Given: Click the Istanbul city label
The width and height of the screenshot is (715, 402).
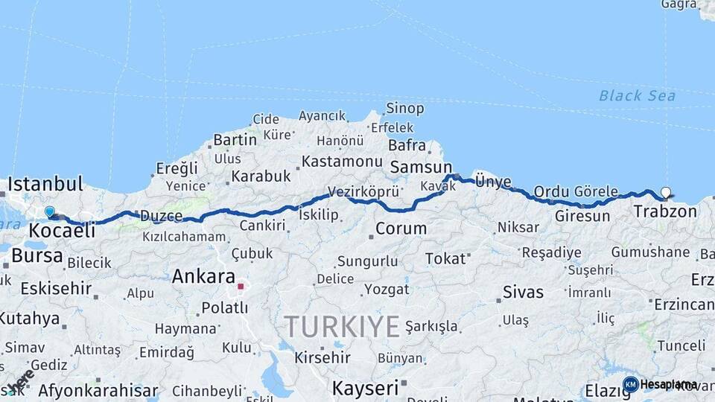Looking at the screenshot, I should pyautogui.click(x=45, y=184).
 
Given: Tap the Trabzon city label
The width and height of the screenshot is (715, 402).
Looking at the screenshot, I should pyautogui.click(x=665, y=211).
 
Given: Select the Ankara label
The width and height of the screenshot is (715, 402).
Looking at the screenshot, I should pyautogui.click(x=203, y=277).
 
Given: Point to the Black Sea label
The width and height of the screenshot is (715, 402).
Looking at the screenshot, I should pyautogui.click(x=637, y=95).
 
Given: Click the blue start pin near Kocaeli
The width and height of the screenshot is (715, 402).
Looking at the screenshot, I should pyautogui.click(x=50, y=212).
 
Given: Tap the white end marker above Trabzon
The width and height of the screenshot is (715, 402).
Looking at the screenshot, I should pyautogui.click(x=665, y=192).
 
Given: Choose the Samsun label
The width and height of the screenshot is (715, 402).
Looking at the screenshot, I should pyautogui.click(x=421, y=167).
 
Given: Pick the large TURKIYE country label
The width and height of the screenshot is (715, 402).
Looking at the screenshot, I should pyautogui.click(x=342, y=326).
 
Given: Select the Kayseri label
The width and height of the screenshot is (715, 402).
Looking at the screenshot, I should pyautogui.click(x=366, y=388).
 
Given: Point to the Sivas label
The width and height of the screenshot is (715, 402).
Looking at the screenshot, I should pyautogui.click(x=524, y=292).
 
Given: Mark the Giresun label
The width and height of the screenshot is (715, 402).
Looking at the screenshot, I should pyautogui.click(x=582, y=217).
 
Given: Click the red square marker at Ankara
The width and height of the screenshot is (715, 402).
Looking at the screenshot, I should pyautogui.click(x=241, y=286).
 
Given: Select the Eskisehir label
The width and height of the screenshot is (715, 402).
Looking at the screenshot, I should pyautogui.click(x=56, y=288).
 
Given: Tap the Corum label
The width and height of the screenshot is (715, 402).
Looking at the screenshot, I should pyautogui.click(x=401, y=229).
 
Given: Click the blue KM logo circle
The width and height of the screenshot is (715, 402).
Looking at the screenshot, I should pyautogui.click(x=630, y=384).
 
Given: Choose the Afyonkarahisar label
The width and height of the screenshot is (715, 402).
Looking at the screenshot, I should pyautogui.click(x=98, y=390).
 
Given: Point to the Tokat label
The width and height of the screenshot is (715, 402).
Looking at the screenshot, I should pyautogui.click(x=445, y=259).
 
